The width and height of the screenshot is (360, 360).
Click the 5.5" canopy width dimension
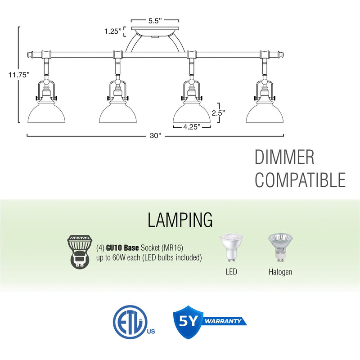pyautogui.click(x=155, y=20)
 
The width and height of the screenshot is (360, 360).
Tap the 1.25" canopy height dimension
pyautogui.click(x=113, y=31)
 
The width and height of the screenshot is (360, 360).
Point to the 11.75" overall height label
pyautogui.click(x=18, y=75)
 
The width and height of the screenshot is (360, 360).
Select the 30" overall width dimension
pyautogui.click(x=156, y=136)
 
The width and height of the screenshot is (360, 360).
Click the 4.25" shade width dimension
pyautogui.click(x=192, y=127)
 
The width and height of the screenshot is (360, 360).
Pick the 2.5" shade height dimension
pyautogui.click(x=218, y=113)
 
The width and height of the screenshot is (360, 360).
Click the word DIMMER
pyautogui.click(x=284, y=158)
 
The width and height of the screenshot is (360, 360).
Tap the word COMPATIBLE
pyautogui.click(x=300, y=179)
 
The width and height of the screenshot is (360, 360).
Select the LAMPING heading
pyautogui.click(x=180, y=220)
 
